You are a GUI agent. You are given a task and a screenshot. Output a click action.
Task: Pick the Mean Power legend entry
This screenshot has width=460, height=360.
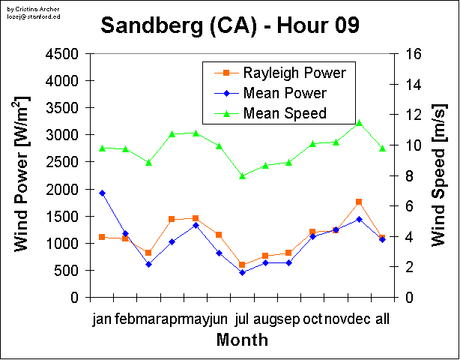(285, 93)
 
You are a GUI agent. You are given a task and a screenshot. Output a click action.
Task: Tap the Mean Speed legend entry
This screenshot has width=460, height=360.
(285, 113)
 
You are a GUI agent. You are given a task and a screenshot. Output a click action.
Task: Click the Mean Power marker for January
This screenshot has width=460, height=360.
(102, 193)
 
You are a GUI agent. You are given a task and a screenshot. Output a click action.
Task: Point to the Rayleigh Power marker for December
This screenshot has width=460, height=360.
(359, 202)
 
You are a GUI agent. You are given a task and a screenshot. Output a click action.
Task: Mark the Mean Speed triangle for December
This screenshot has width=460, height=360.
(359, 122)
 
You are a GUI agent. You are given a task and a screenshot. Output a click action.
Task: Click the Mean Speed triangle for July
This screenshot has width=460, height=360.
(242, 176)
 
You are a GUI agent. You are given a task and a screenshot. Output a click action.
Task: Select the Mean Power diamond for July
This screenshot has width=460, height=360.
(242, 272)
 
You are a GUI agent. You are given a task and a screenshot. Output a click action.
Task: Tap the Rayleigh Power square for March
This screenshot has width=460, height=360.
(148, 253)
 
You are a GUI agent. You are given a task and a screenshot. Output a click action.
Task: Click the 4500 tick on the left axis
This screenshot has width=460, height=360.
(64, 54)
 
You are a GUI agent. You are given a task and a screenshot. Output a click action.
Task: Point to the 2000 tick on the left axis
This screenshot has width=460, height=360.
(64, 189)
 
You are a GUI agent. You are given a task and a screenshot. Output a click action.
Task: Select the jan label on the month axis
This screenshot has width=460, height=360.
(102, 319)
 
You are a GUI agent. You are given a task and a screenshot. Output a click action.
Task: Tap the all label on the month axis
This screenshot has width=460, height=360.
(382, 319)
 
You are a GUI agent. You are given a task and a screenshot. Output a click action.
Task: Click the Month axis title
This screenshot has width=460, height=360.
(242, 340)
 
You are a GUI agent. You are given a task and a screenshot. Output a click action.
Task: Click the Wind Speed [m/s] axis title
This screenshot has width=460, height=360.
(440, 175)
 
